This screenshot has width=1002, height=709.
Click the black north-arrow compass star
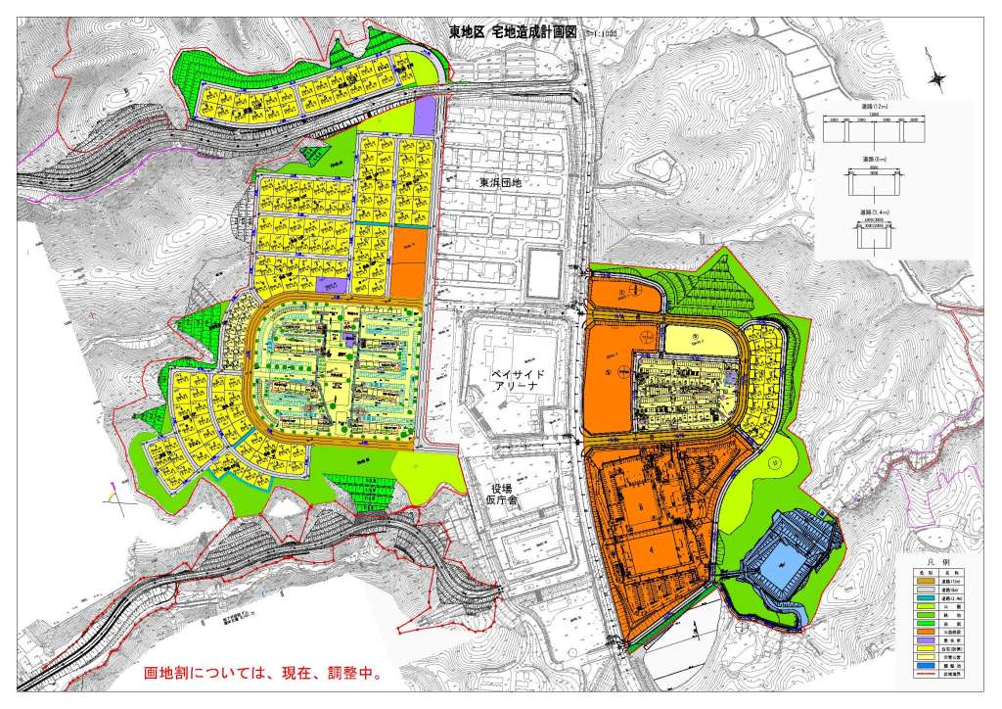tap(936, 79)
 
